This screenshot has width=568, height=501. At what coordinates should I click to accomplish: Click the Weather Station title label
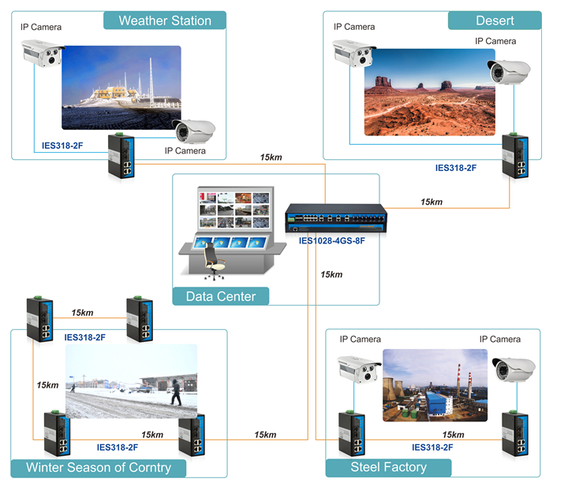tap(165, 20)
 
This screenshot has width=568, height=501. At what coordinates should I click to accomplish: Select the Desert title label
tap(495, 20)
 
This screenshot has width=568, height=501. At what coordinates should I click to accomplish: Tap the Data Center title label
tap(220, 297)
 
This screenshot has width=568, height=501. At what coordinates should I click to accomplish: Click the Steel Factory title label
tap(388, 467)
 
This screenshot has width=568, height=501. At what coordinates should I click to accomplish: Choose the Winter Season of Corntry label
tap(99, 467)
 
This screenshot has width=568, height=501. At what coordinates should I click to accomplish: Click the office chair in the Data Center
tap(213, 261)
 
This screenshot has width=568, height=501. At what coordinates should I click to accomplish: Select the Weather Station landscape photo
tap(121, 87)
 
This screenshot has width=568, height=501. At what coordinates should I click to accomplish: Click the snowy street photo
tap(131, 381)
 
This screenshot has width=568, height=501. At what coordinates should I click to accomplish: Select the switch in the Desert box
tap(517, 156)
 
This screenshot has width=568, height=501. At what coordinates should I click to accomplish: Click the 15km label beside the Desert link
tap(432, 202)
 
